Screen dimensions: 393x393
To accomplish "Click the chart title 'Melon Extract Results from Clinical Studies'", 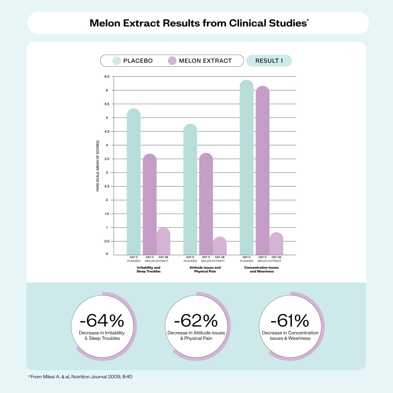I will coord(198,23).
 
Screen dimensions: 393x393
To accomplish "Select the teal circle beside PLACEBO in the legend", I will coord(117,61).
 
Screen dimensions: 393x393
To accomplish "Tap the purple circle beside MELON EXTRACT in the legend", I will coord(172,61).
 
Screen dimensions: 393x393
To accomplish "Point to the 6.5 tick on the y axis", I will coord(107,76).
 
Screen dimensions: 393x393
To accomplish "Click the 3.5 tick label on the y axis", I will coord(107,159).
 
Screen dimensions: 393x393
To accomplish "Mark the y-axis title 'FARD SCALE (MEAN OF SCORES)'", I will coord(98,166).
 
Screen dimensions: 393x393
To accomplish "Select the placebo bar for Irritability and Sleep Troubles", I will coord(134,182).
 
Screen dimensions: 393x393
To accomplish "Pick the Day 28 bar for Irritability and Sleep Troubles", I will coord(163,242).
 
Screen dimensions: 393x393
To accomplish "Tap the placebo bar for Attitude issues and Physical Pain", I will coord(190,190).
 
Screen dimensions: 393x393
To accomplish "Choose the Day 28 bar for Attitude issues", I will coord(220,246).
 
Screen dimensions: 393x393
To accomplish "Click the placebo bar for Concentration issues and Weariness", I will coord(247,167).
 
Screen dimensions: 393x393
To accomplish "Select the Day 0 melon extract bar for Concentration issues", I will coord(263,171).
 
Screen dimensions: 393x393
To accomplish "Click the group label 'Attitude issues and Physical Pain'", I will coord(205,270).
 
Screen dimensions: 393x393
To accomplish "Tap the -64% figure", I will coord(102,321).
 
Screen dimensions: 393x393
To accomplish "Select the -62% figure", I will coord(196,321).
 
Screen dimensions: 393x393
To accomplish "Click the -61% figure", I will coord(290,321).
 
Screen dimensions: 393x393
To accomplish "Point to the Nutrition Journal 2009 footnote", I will coord(80,377).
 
